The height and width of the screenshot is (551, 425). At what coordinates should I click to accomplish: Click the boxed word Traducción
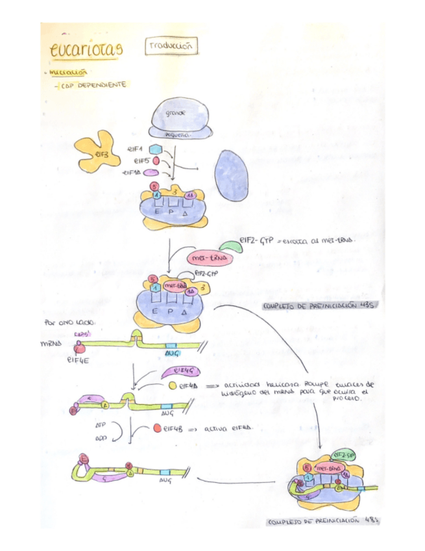click(x=171, y=46)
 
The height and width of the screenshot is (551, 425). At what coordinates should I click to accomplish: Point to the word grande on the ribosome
click(x=175, y=113)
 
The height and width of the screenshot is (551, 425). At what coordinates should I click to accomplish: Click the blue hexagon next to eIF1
click(x=154, y=149)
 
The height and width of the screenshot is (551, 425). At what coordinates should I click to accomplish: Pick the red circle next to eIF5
click(x=156, y=160)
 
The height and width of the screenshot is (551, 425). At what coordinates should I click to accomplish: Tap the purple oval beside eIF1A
click(x=151, y=173)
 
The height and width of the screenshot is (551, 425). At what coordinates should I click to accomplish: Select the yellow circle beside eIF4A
click(x=173, y=385)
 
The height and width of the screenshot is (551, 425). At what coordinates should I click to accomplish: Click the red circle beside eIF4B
click(x=158, y=429)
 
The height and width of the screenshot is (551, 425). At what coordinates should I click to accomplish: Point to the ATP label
click(x=100, y=423)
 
